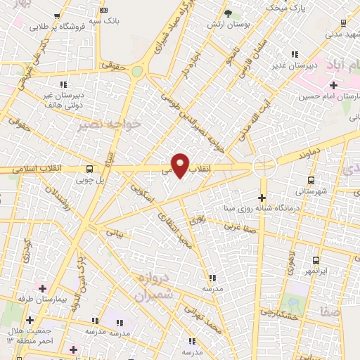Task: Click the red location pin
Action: pos(180,165)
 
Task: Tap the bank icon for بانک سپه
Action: pos(104,11)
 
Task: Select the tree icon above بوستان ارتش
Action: pos(227,13)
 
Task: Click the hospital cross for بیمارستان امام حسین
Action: pos(333,85)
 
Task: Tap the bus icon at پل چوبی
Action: pos(89,169)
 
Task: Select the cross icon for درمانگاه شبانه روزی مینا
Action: pos(263,198)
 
